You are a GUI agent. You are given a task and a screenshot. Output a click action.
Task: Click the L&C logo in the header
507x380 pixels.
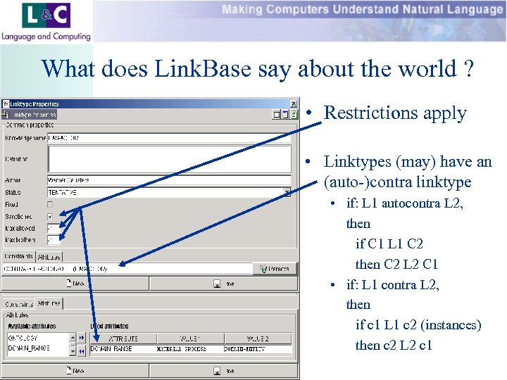(46, 21)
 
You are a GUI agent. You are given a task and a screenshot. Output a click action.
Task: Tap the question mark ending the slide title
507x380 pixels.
(468, 69)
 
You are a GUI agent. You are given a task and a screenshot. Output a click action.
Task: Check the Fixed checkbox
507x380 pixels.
(50, 204)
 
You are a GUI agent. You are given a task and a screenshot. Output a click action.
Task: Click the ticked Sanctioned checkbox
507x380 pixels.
(50, 216)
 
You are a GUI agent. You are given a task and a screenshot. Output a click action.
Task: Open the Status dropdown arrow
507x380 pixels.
(287, 192)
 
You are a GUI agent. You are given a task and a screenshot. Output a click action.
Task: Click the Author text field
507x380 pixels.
(169, 180)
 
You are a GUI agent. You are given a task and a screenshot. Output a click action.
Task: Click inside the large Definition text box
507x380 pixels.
(169, 159)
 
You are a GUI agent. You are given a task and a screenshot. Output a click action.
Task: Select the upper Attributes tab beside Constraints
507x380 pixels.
(51, 257)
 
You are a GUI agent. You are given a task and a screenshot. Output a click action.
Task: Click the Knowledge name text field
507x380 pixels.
(169, 138)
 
